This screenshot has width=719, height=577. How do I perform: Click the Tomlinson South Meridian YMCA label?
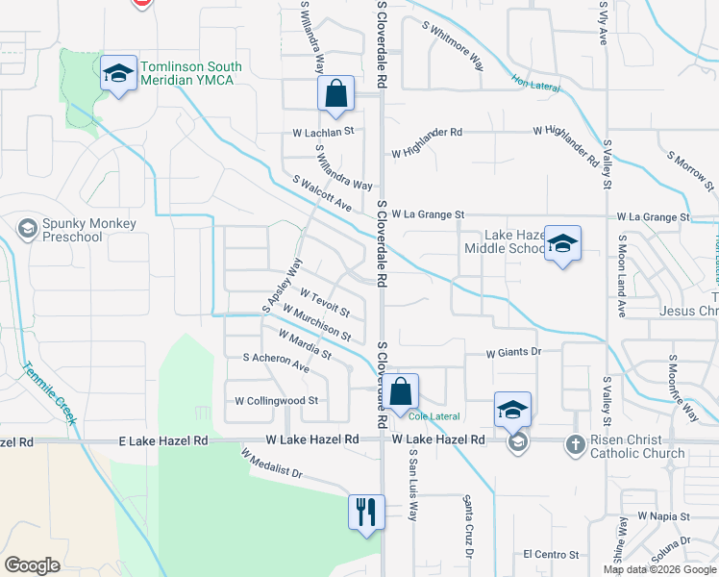(x=191, y=75)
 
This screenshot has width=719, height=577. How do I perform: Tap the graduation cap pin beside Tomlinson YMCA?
(x=118, y=73)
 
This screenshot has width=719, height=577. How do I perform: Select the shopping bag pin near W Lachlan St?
(x=335, y=95)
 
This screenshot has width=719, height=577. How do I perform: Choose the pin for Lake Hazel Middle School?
(x=562, y=242)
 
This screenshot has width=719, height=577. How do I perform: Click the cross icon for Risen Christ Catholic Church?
(x=575, y=443)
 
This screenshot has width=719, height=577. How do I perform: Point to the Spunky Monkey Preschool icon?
(x=28, y=229)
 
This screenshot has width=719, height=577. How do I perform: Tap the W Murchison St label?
(x=316, y=323)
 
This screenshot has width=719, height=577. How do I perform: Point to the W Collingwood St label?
(x=277, y=400)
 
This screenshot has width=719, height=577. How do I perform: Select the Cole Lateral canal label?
(x=434, y=416)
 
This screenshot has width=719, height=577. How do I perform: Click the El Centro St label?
(x=551, y=555)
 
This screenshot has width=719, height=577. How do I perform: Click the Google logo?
(x=32, y=565)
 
